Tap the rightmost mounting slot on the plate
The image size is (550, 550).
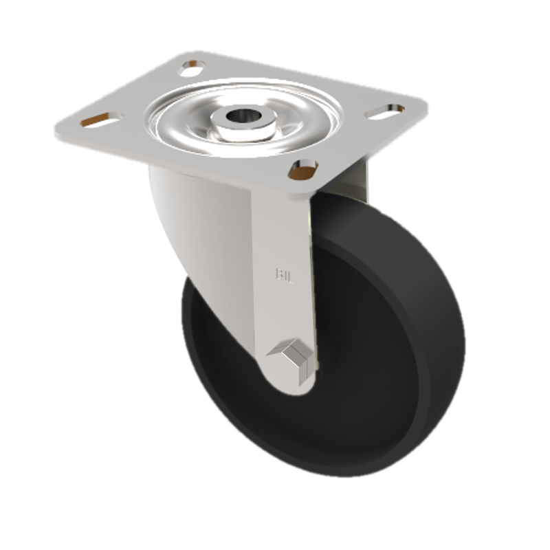386,110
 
